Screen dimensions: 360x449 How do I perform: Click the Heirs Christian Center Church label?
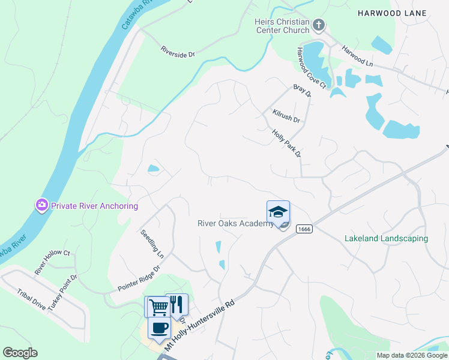(x=282, y=26)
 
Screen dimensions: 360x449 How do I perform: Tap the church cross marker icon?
(x=319, y=25)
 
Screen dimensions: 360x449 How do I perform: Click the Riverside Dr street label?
(x=178, y=53)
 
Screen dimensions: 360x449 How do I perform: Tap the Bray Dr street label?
(x=302, y=91)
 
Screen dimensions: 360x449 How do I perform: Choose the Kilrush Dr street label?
(x=286, y=115)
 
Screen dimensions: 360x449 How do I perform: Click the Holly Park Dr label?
(x=286, y=144)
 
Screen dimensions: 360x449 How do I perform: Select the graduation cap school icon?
(x=279, y=212)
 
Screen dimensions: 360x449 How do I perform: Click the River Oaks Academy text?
(x=236, y=224)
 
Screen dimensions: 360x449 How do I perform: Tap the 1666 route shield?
(x=304, y=229)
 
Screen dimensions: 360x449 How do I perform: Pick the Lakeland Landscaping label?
(x=386, y=238)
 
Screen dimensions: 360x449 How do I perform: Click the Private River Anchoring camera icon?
(x=41, y=206)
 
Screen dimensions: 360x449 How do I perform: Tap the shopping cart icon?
(x=158, y=306)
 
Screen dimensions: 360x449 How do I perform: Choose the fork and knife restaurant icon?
(x=176, y=304)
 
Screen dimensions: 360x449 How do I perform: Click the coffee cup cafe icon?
(x=160, y=328)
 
